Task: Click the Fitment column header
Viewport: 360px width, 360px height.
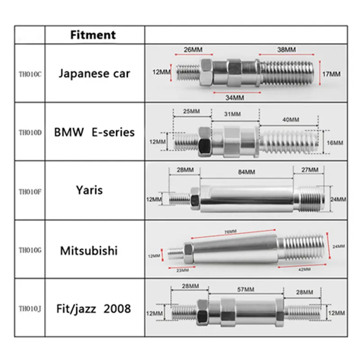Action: click(93, 35)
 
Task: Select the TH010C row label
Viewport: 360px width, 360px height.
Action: click(30, 74)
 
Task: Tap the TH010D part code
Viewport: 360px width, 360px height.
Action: click(30, 133)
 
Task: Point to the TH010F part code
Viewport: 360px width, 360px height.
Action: click(30, 191)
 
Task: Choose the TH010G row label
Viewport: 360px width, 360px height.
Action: click(30, 250)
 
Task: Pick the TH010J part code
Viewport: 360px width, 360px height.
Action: click(30, 309)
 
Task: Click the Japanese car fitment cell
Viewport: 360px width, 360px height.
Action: click(94, 73)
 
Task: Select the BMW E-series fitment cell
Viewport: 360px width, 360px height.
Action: click(94, 132)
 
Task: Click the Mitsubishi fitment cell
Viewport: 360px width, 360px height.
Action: click(89, 250)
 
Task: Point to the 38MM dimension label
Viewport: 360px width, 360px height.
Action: click(285, 49)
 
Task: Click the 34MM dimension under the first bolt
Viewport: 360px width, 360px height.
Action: click(234, 97)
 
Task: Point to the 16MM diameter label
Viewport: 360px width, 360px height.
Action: click(334, 143)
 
